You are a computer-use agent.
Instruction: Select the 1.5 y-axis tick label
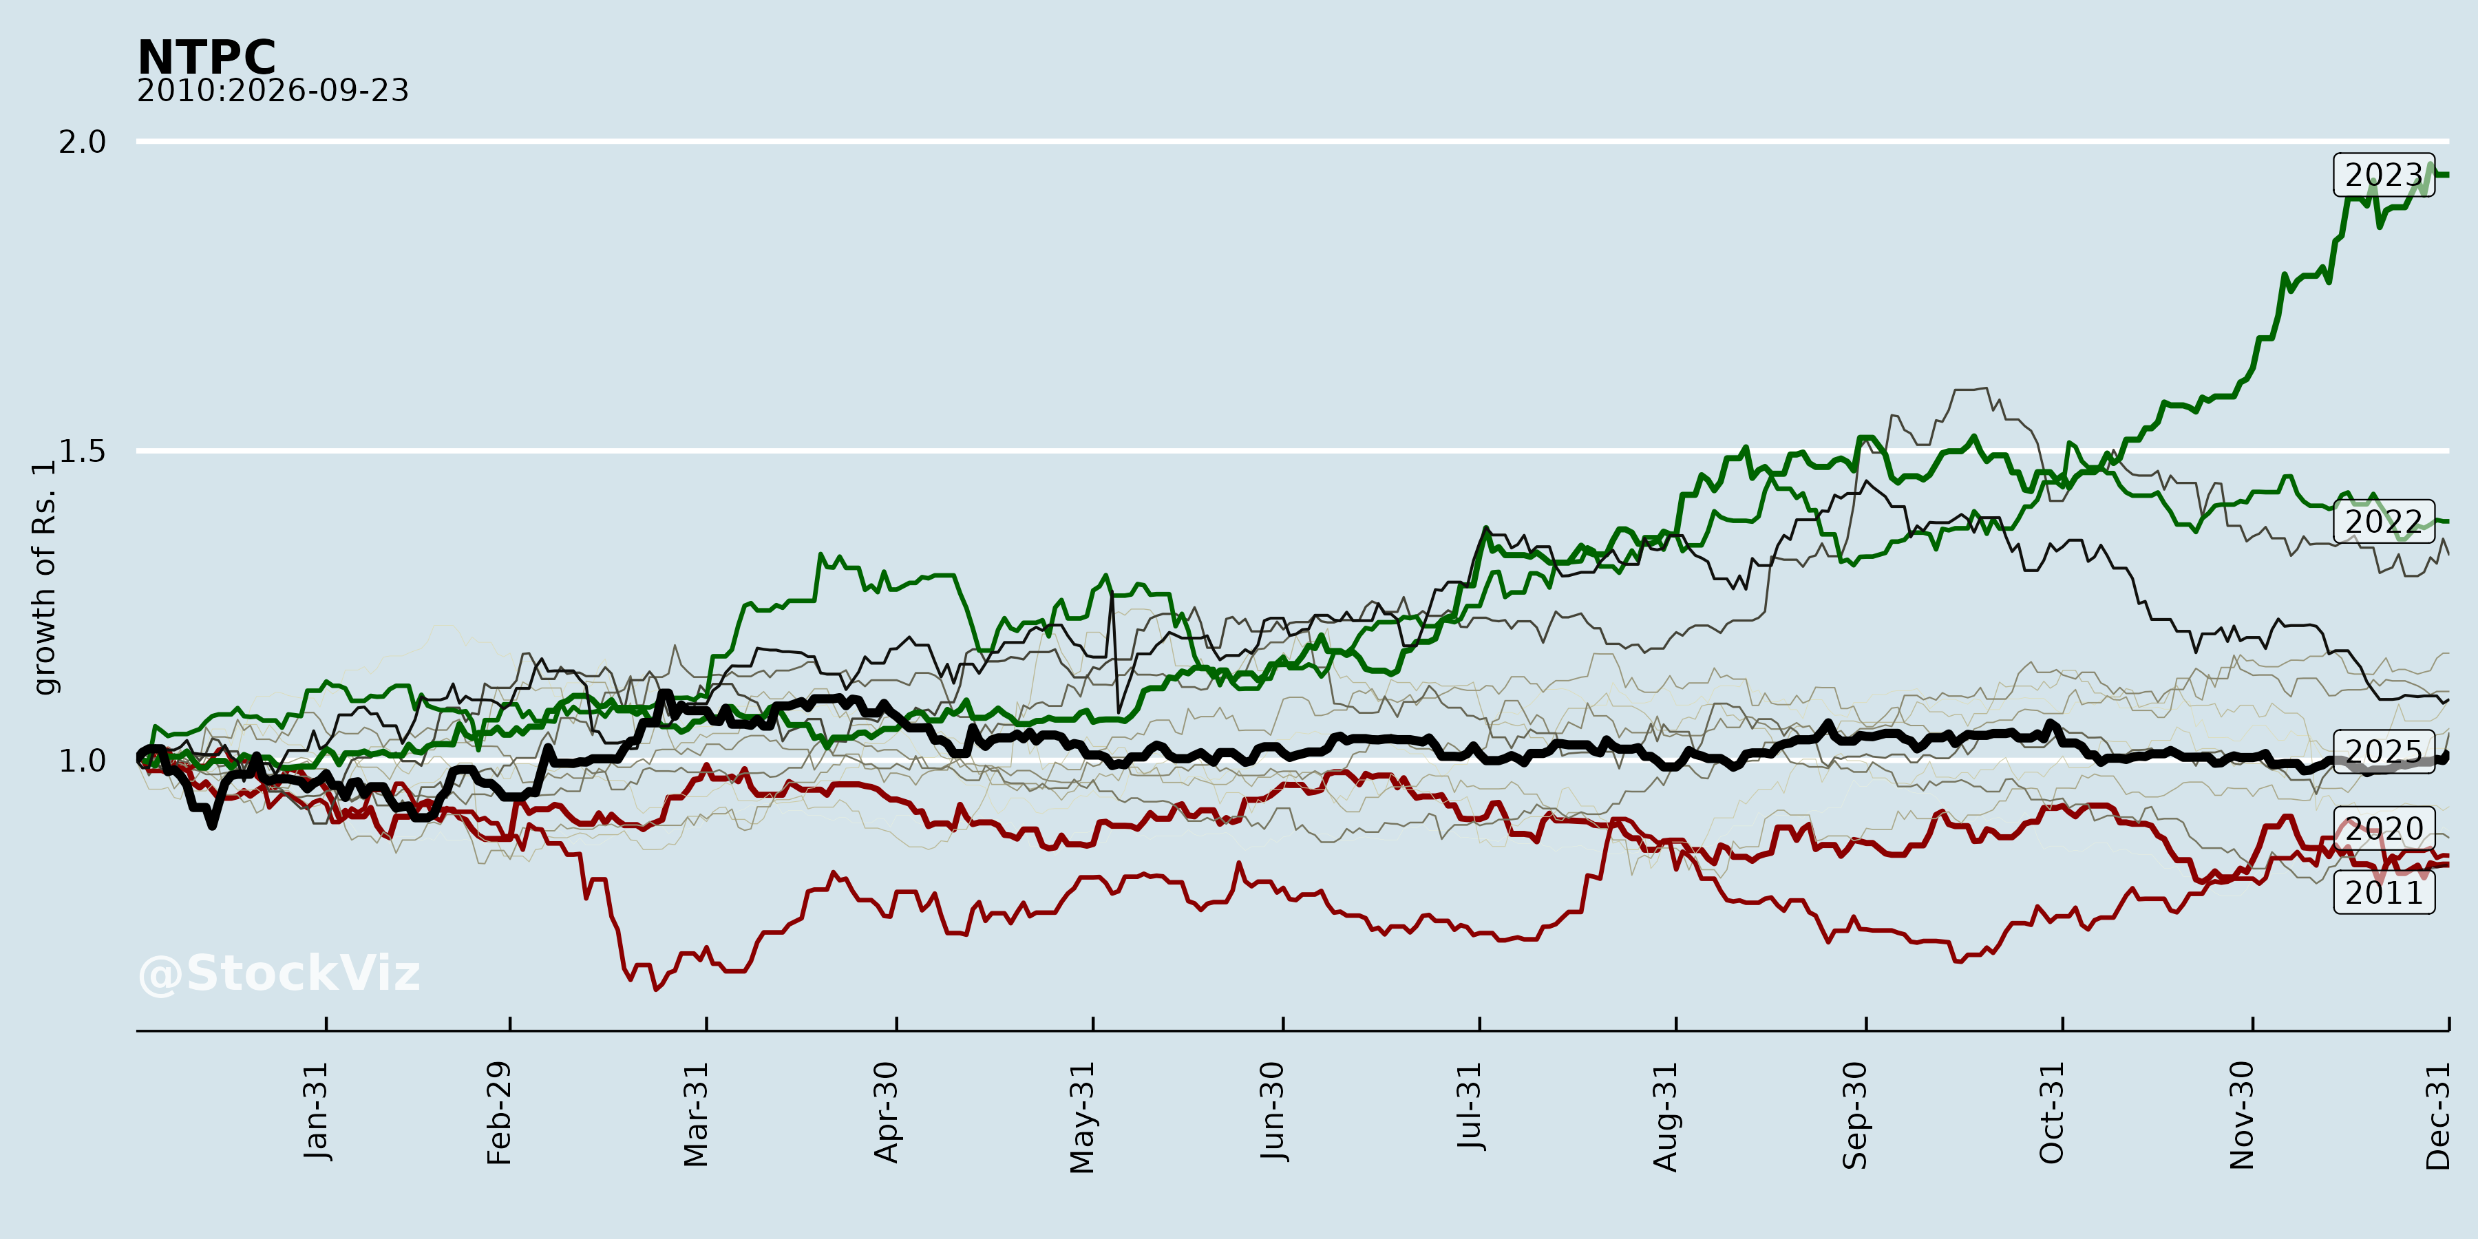click(x=82, y=450)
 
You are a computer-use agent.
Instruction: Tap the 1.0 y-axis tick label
click(x=82, y=760)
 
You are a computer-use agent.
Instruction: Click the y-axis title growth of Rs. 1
click(x=44, y=578)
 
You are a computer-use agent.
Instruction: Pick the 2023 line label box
click(x=2384, y=174)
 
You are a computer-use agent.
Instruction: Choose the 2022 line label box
click(x=2384, y=521)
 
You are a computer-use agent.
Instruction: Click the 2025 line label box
click(x=2384, y=751)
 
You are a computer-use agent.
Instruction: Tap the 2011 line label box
click(x=2384, y=893)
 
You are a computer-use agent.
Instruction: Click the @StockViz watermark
click(x=279, y=973)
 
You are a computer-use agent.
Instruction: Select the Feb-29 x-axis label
click(x=499, y=1113)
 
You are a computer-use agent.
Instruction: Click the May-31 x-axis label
click(x=1082, y=1118)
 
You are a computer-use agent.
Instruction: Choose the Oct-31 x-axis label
click(x=2052, y=1113)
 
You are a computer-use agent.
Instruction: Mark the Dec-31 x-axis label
click(x=2437, y=1116)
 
